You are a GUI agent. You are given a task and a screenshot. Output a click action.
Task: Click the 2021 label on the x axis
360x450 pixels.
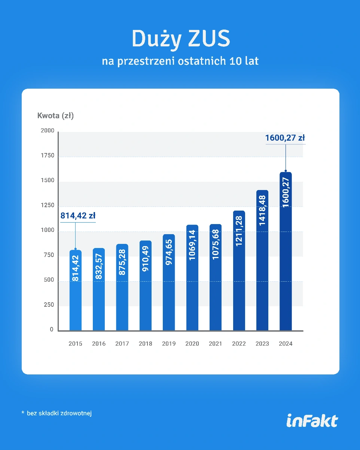(216, 344)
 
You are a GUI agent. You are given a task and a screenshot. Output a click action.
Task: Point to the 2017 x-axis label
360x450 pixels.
(122, 344)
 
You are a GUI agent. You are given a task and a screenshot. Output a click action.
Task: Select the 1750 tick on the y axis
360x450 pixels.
(48, 156)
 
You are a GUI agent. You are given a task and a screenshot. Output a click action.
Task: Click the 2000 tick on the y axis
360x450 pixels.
(48, 131)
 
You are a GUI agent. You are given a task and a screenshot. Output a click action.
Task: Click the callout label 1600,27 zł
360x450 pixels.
(285, 138)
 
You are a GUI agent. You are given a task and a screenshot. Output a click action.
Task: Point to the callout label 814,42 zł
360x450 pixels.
(78, 216)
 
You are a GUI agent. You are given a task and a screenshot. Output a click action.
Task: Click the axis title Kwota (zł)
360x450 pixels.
(55, 116)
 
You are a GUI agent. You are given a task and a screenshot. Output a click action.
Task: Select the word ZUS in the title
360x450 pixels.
(209, 39)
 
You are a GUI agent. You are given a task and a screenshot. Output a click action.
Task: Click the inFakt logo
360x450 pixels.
(312, 420)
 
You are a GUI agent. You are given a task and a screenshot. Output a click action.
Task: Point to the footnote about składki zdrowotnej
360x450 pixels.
(57, 413)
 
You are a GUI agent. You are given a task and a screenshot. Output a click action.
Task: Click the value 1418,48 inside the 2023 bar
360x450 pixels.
(262, 210)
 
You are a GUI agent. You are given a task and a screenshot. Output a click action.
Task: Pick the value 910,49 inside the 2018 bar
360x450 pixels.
(146, 258)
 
